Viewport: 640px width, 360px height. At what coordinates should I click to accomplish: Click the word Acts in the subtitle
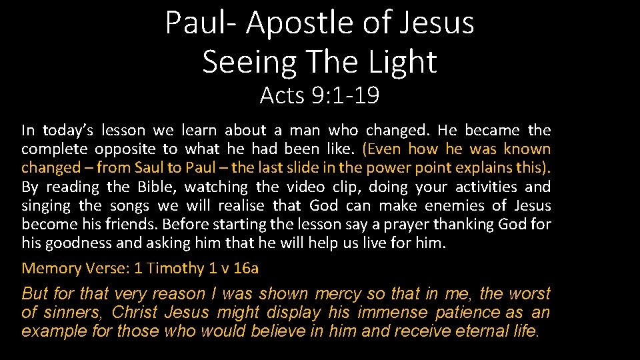281,96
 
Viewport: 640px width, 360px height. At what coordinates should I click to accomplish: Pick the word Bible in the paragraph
156,187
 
